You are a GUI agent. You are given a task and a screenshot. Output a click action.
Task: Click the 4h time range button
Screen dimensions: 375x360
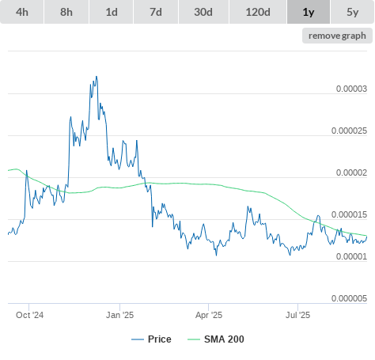(22, 12)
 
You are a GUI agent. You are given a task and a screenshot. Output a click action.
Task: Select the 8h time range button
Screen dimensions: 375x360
(66, 12)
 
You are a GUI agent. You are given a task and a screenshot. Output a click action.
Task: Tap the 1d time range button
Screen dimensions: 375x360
(112, 12)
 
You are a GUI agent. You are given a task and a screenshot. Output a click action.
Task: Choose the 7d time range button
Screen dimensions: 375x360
(156, 12)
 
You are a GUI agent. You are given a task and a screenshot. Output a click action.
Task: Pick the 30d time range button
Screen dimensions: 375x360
(203, 12)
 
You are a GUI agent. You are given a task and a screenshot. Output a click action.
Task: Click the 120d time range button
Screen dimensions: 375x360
(258, 12)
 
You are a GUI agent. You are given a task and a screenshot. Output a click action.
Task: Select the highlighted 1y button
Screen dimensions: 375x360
(309, 12)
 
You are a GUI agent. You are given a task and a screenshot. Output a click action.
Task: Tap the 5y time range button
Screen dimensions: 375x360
(353, 12)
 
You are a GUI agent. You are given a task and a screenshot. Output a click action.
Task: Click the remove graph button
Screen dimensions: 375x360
(337, 36)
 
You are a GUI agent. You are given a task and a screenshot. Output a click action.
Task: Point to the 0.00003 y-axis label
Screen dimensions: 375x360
(351, 89)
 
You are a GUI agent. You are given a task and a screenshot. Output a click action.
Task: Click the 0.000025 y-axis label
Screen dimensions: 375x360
(349, 131)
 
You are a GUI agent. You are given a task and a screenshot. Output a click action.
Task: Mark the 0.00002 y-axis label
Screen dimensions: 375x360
(351, 172)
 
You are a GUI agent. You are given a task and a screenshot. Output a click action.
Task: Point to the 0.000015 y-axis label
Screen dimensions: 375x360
(349, 214)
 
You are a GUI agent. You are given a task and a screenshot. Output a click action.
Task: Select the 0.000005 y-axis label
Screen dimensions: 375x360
(349, 298)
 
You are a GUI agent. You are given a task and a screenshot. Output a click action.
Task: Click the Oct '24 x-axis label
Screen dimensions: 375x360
(29, 315)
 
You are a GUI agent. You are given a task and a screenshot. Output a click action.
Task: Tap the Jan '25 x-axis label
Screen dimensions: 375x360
(119, 315)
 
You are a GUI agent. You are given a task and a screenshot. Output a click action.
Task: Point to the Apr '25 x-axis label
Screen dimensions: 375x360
(209, 315)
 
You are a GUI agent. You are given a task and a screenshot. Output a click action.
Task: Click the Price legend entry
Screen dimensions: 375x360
(152, 339)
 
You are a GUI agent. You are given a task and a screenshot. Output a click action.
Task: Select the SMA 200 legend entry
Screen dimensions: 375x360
(216, 339)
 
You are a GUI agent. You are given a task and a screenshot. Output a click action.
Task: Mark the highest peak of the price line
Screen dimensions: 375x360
(97, 77)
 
